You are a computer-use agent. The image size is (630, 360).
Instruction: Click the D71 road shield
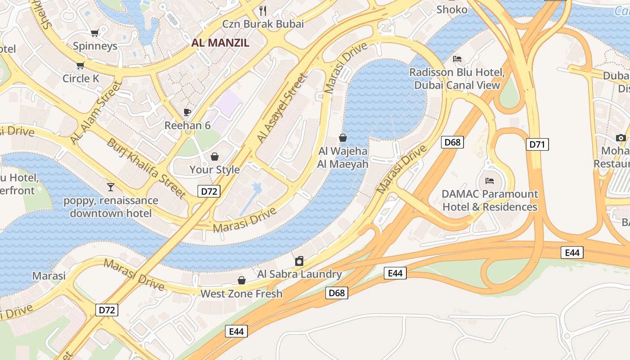(537, 144)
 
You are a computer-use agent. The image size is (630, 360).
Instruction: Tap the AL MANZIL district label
(220, 43)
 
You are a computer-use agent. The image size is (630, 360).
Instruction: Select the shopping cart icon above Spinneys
(94, 33)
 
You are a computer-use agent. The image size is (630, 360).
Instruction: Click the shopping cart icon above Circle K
(81, 66)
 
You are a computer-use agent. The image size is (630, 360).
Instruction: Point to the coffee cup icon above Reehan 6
(187, 112)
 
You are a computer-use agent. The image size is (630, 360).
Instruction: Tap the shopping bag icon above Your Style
(215, 157)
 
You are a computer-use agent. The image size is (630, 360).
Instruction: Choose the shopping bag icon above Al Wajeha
(343, 138)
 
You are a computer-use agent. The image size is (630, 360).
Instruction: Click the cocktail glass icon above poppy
(111, 187)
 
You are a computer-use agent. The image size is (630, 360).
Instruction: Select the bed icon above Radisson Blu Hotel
(457, 59)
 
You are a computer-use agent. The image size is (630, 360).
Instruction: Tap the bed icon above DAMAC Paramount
(490, 181)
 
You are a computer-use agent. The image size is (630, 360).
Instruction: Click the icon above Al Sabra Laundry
(299, 261)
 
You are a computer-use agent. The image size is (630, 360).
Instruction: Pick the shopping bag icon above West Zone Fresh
(242, 281)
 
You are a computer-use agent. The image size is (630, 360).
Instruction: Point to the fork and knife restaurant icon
(263, 10)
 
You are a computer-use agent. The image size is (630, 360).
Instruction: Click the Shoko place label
(451, 9)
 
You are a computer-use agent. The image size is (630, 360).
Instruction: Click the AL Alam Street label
(96, 112)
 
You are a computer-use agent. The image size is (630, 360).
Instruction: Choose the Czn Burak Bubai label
(263, 24)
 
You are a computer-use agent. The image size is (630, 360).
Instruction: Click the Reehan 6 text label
(187, 125)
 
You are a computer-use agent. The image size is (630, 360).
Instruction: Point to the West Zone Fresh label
(241, 294)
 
